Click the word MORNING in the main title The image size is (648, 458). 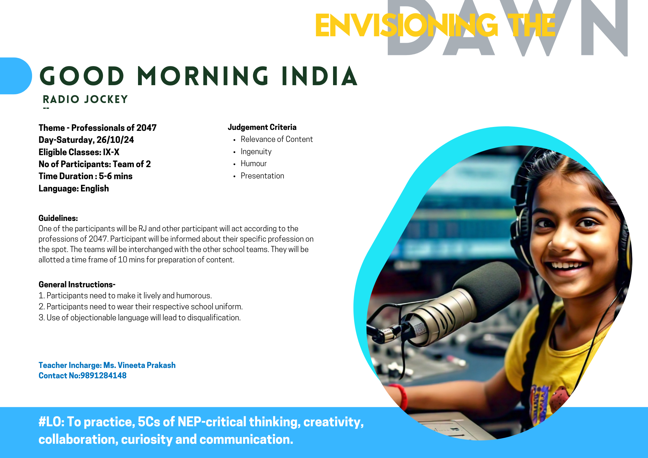tap(203, 76)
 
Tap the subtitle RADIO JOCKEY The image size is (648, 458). tap(86, 99)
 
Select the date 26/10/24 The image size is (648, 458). tap(115, 140)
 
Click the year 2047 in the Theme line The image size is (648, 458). tap(146, 128)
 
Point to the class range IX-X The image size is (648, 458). tap(111, 152)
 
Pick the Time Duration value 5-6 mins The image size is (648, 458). tap(116, 176)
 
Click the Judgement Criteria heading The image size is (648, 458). tap(262, 127)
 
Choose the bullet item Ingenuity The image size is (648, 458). tap(256, 152)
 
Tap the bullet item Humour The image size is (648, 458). tap(254, 164)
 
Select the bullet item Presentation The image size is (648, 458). tap(262, 176)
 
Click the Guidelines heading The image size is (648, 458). tap(58, 218)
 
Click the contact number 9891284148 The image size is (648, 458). tap(103, 376)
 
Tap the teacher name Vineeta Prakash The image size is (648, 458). tap(146, 365)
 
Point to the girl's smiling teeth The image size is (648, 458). tap(568, 265)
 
